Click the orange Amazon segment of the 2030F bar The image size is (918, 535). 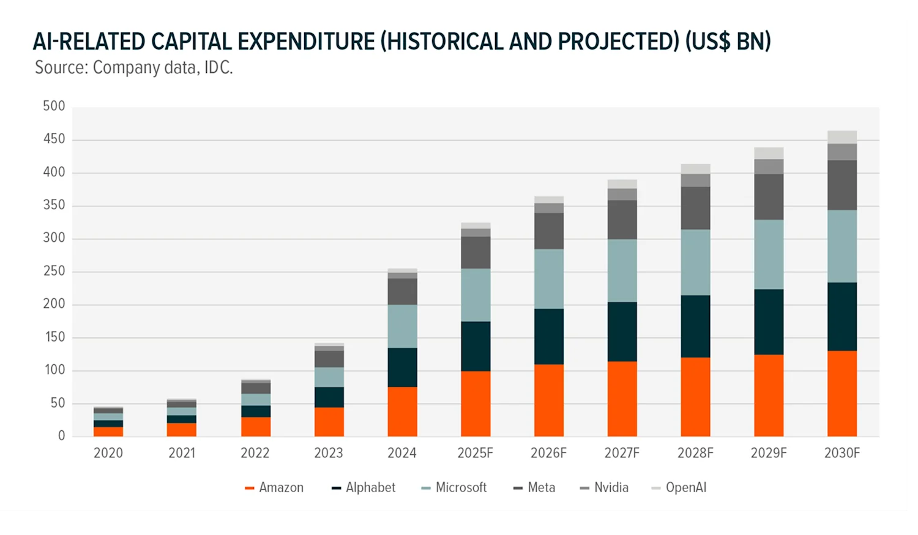pos(842,393)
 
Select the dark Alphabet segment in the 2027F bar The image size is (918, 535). pos(622,331)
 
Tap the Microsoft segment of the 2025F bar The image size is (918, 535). pos(476,295)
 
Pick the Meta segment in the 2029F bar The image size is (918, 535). pos(769,197)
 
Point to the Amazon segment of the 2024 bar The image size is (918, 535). pos(402,411)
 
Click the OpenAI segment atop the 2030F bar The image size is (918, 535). pos(842,137)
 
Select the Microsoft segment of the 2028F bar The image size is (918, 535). pos(695,263)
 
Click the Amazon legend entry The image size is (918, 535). pos(274,488)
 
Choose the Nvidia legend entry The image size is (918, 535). pos(604,488)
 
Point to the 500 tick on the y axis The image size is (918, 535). pos(54,107)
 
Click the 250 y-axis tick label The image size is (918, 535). pos(54,271)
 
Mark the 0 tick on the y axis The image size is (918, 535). pos(61,436)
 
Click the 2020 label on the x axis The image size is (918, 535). pos(108,453)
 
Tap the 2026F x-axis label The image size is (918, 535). pos(548,453)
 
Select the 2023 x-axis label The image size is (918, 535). pos(329,453)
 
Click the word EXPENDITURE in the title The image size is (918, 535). pos(306,42)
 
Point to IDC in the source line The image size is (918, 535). pos(218,67)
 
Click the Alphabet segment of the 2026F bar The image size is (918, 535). pos(548,337)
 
